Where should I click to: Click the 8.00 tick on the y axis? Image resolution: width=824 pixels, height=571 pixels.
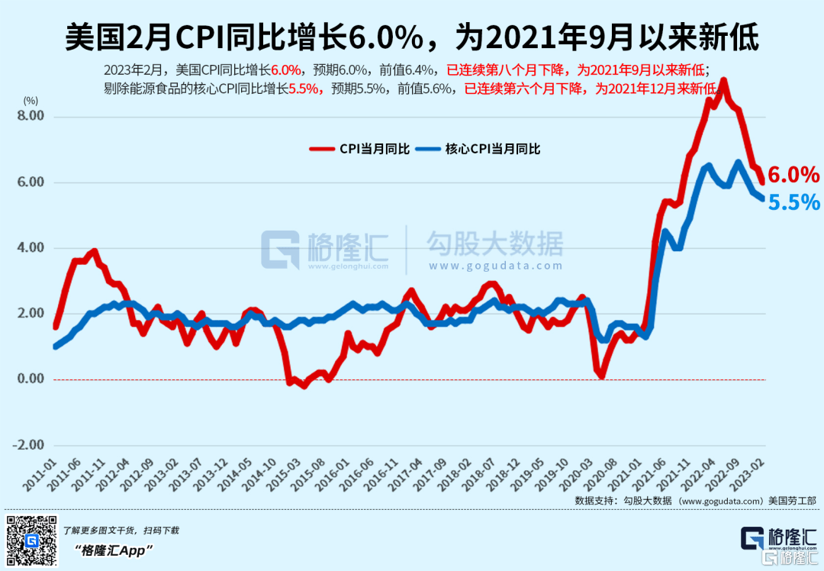tap(31, 116)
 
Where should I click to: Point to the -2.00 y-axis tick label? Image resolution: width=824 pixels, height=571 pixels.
tap(30, 445)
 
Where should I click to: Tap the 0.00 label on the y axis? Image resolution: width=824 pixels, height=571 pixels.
tap(31, 379)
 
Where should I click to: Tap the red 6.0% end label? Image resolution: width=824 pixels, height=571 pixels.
tap(793, 175)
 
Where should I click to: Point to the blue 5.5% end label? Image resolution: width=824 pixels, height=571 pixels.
tap(793, 202)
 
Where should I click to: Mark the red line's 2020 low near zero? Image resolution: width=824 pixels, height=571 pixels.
tap(601, 375)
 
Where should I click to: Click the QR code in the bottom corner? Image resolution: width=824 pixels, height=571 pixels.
tap(31, 540)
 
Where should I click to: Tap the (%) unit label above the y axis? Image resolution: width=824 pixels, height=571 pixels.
tap(31, 100)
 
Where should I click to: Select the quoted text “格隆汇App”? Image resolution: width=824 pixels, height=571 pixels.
tap(114, 550)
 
